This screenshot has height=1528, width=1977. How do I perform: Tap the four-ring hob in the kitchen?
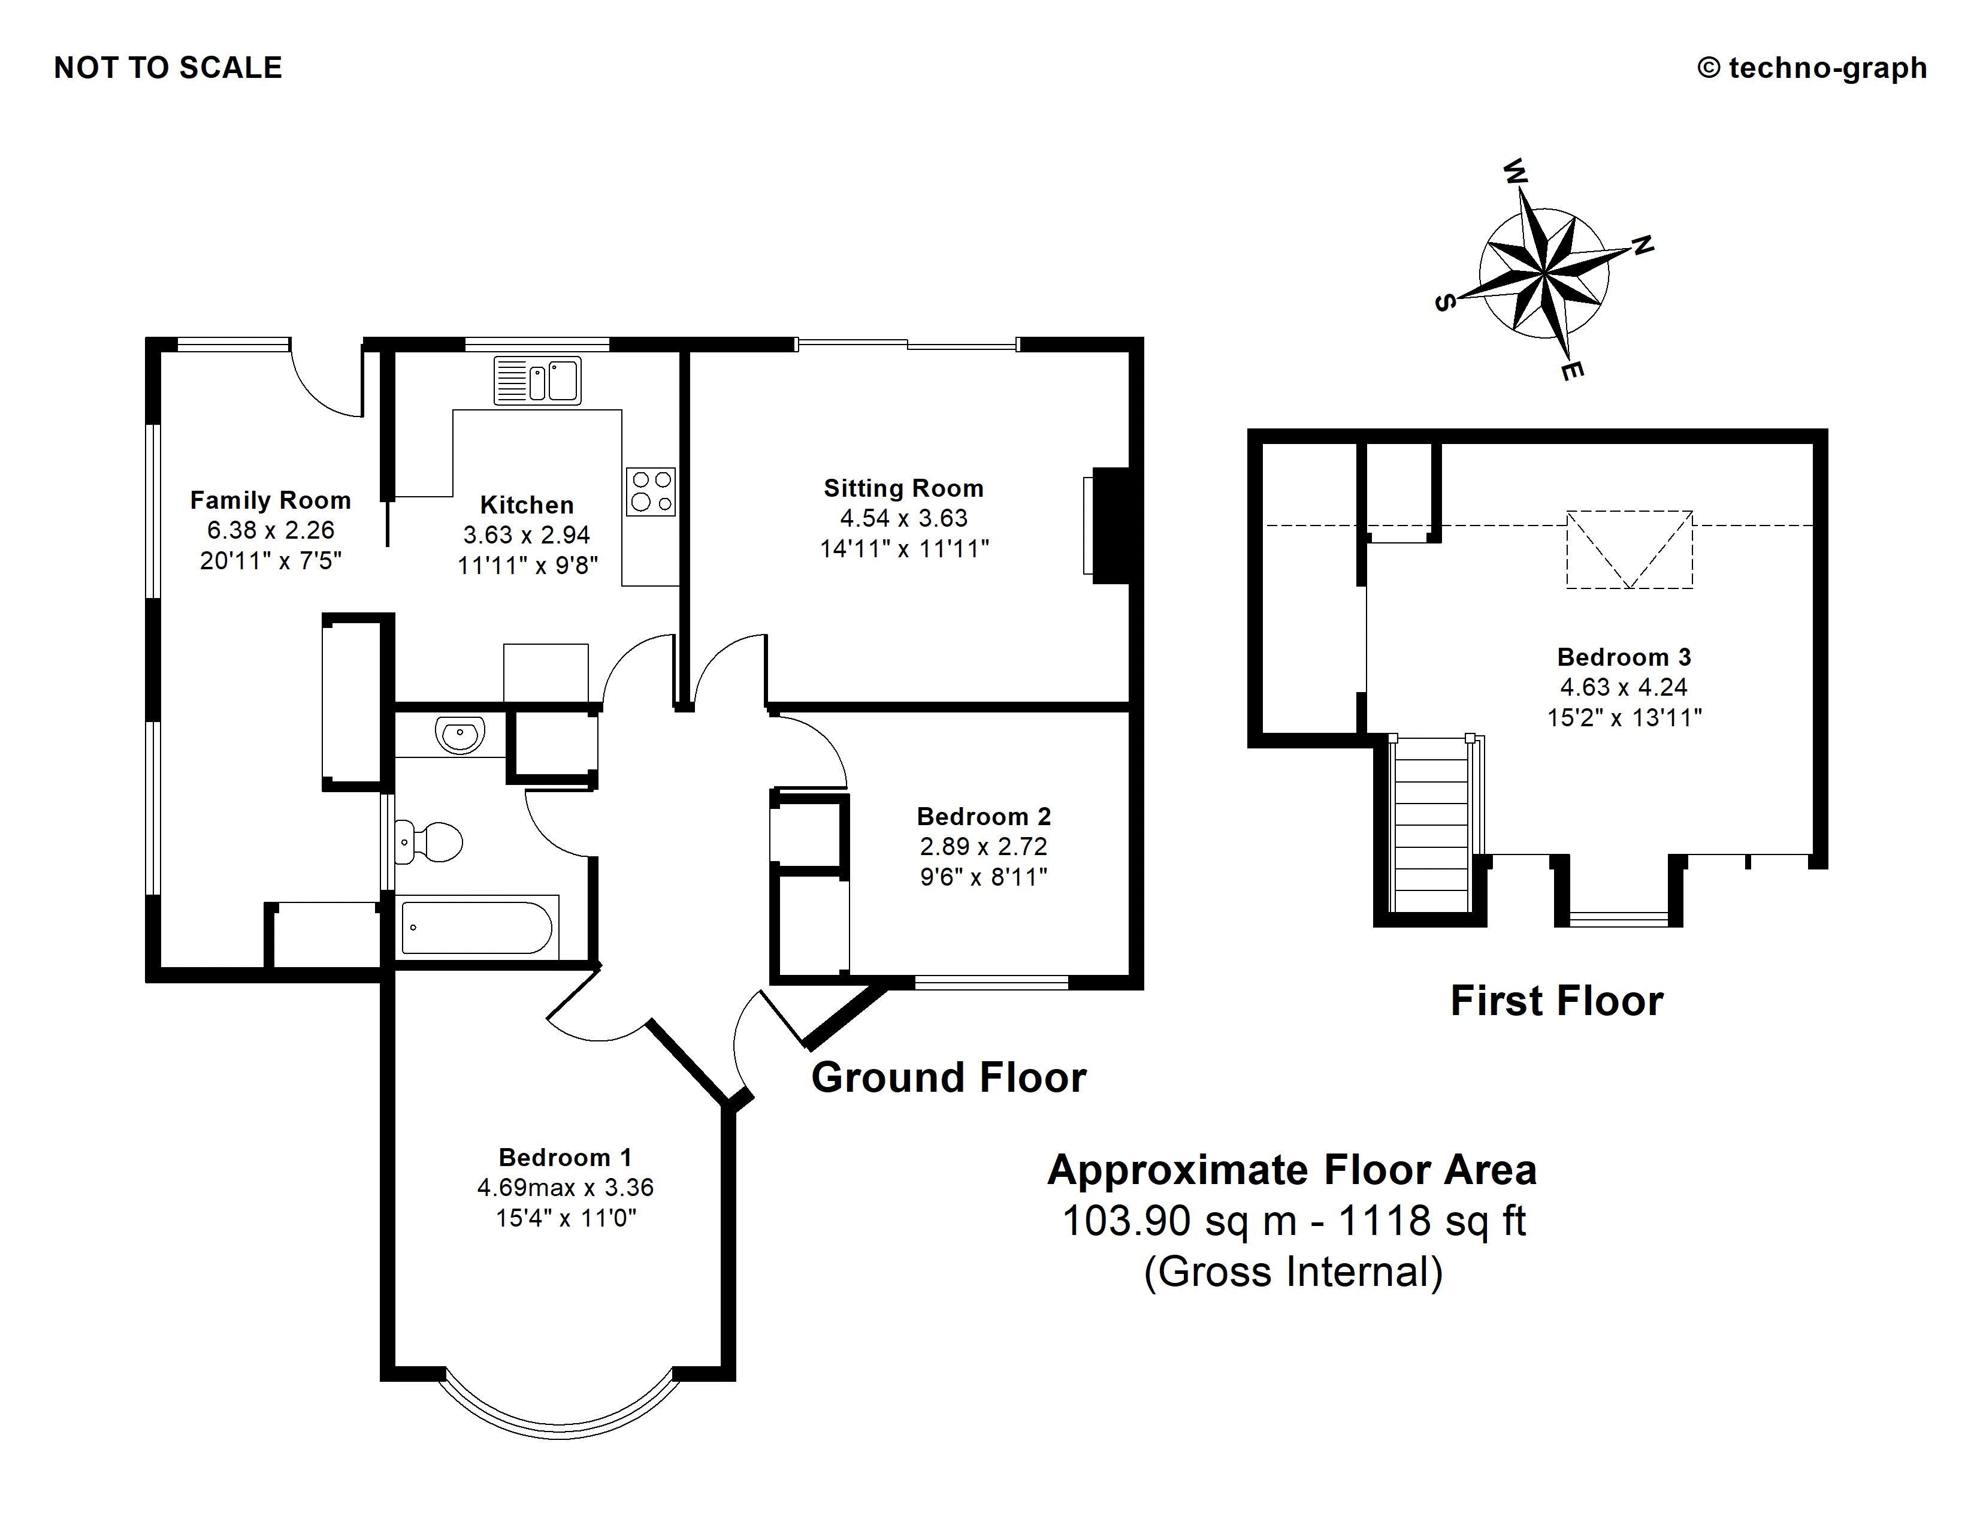[651, 491]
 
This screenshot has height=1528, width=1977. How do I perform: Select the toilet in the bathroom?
[430, 842]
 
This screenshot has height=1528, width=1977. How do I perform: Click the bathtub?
[476, 927]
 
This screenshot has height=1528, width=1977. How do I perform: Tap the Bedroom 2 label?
[984, 817]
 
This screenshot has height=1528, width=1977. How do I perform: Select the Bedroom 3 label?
[1624, 657]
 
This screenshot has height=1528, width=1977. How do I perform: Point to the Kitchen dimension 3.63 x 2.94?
[527, 535]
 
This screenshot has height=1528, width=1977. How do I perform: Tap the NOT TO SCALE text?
[168, 68]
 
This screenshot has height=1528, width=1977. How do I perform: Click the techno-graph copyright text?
[1812, 68]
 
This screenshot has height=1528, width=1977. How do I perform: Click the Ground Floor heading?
[949, 1078]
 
